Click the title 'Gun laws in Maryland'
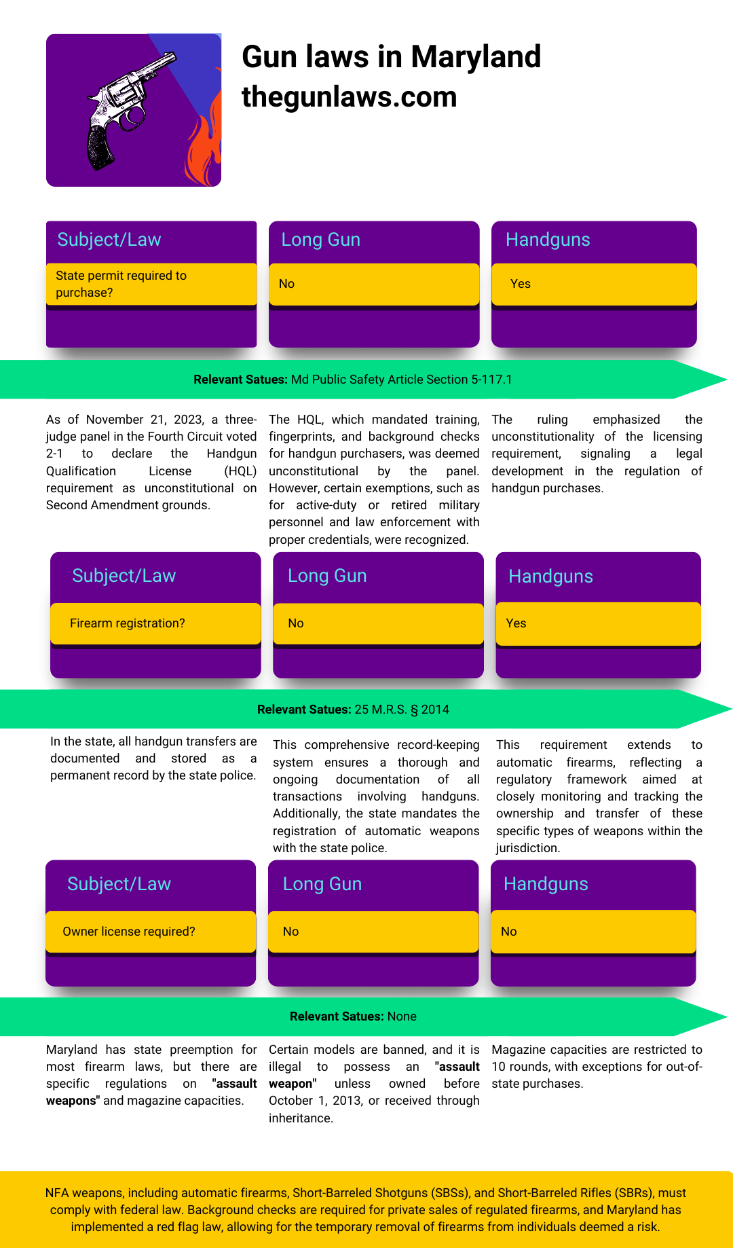391,57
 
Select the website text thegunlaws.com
349,97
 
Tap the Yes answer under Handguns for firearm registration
516,623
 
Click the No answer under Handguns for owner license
509,932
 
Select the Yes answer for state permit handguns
521,284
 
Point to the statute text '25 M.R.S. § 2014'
402,710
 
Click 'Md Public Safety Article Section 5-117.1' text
401,380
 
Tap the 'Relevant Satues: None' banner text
353,1016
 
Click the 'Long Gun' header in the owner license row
322,884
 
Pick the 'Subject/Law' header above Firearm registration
124,576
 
